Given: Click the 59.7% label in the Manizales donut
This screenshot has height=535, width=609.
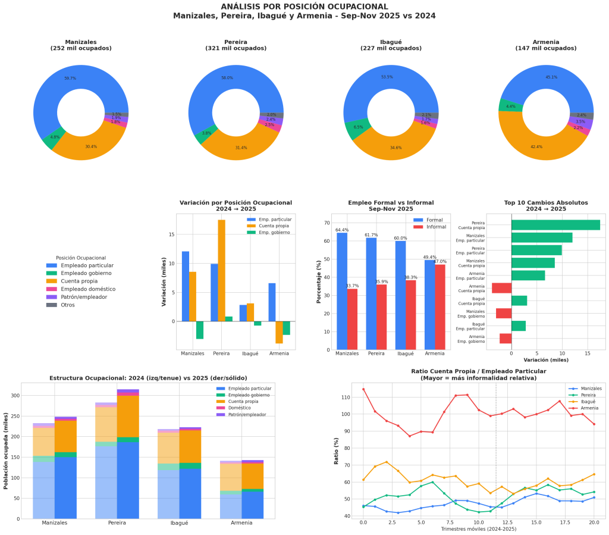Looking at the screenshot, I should click(70, 79).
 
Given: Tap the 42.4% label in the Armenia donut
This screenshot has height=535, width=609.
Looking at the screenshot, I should click(536, 146).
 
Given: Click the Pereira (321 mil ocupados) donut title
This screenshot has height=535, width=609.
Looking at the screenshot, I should click(236, 45).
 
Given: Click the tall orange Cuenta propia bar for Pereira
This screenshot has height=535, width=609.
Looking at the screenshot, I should click(221, 270).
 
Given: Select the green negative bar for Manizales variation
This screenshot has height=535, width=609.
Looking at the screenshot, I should click(200, 330).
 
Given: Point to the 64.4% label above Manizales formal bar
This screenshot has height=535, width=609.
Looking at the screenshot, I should click(342, 230).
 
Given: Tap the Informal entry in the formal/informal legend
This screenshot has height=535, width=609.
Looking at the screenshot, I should click(436, 227).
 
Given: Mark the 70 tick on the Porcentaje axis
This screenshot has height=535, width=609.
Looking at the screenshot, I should click(327, 223).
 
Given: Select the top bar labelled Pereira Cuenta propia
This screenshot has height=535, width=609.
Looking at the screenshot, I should click(555, 225).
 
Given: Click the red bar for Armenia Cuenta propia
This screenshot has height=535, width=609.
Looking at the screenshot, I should click(501, 288).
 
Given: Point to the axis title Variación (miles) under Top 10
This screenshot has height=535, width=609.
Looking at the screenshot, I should click(545, 359).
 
